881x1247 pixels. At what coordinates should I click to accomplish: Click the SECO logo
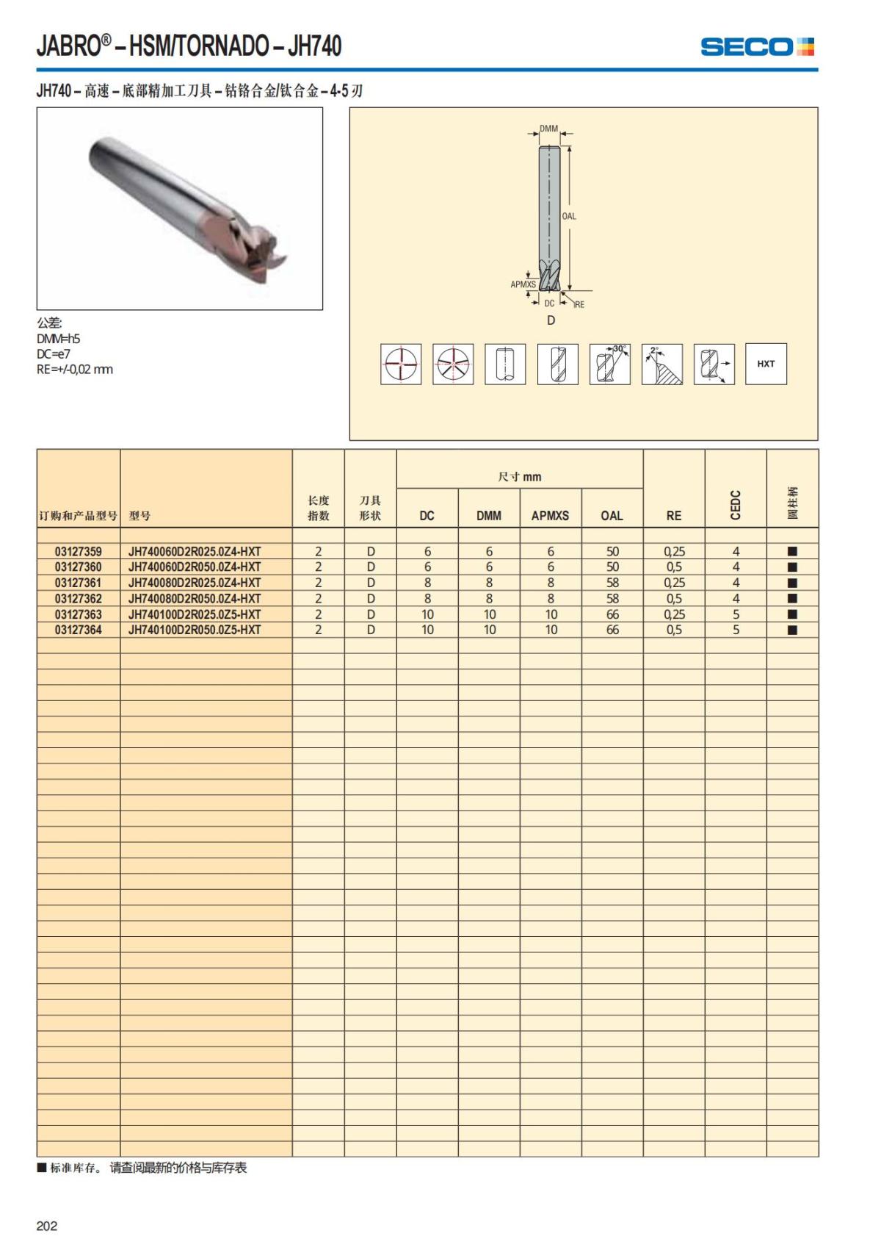click(x=757, y=48)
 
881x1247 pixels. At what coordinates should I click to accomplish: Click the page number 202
click(x=46, y=1226)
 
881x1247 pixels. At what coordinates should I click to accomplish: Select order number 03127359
click(x=78, y=551)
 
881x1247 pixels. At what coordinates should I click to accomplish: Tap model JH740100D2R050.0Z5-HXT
click(x=195, y=630)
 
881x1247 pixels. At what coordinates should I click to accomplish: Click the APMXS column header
click(x=550, y=515)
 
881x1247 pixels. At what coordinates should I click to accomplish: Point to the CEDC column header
click(x=736, y=505)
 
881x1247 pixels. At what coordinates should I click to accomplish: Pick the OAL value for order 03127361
click(x=612, y=583)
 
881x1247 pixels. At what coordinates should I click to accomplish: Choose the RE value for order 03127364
click(x=674, y=630)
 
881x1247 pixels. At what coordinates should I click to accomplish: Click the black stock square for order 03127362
click(x=792, y=599)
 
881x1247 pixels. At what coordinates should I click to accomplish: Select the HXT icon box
click(x=766, y=364)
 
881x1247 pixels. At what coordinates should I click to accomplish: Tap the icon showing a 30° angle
click(x=610, y=364)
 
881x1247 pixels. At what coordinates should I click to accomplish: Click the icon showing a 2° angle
click(x=661, y=364)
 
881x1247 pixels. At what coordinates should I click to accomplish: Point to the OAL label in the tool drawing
click(x=569, y=216)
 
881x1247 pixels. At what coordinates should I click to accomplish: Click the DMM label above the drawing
click(x=548, y=129)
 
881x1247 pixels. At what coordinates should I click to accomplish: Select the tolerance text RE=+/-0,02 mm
click(x=75, y=369)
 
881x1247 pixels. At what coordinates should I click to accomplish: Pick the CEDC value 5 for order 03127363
click(x=736, y=614)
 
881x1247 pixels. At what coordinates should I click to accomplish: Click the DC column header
click(x=427, y=515)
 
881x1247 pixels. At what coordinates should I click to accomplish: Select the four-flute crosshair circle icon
click(x=401, y=364)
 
